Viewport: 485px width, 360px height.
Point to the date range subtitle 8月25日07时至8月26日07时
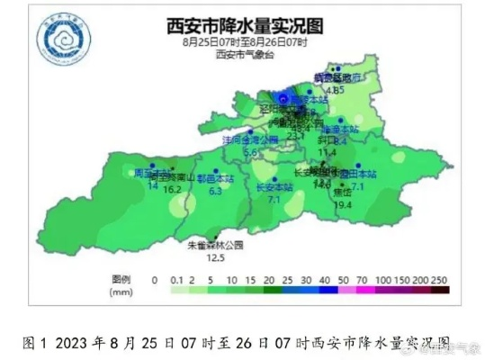pyautogui.click(x=244, y=42)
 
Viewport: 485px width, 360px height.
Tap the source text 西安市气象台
pyautogui.click(x=243, y=55)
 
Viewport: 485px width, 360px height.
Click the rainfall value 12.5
pyautogui.click(x=215, y=257)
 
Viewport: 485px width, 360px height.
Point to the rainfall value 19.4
pyautogui.click(x=342, y=205)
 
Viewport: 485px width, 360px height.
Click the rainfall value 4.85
pyautogui.click(x=336, y=90)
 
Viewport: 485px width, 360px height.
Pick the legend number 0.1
pyautogui.click(x=175, y=280)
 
